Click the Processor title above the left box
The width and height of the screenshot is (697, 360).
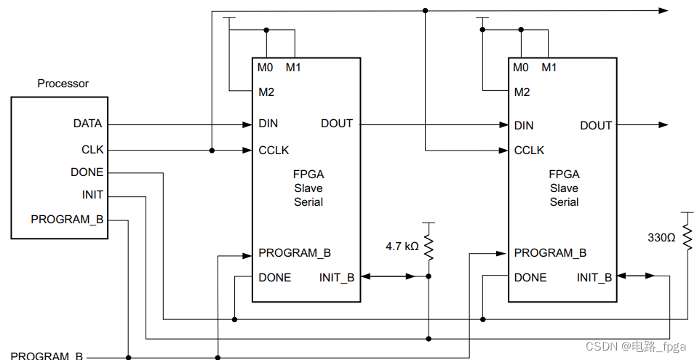pos(63,84)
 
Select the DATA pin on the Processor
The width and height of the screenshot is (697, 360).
pos(87,124)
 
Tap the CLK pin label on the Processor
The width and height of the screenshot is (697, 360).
pos(92,149)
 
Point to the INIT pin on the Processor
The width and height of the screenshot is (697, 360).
pos(92,195)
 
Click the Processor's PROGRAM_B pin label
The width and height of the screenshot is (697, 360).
pos(68,219)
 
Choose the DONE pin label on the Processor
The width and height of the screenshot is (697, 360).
pos(87,172)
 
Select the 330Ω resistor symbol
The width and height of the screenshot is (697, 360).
pos(686,237)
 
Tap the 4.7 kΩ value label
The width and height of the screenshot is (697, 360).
pos(402,247)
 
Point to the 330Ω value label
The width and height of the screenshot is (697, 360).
pos(661,237)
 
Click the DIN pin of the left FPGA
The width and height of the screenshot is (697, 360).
pos(268,124)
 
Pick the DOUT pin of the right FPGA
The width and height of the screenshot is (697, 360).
pos(596,125)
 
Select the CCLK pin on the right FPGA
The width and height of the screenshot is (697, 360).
pos(529,150)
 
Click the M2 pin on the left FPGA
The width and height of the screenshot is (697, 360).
pos(266,92)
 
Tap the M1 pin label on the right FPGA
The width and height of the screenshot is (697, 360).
pos(549,68)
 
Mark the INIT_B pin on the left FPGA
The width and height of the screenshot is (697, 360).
pos(337,277)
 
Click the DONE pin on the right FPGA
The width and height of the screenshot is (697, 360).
pos(530,277)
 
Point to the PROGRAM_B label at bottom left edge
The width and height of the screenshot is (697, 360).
pos(47,356)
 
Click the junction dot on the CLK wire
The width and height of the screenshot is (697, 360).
pos(212,151)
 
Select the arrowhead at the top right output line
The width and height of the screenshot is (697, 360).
pos(663,10)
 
